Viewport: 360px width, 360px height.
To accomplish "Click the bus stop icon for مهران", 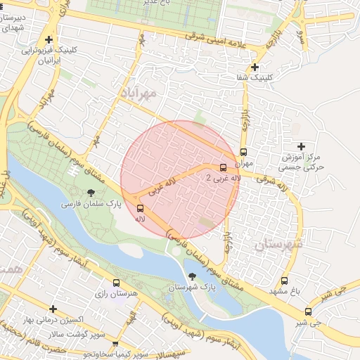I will (243, 151).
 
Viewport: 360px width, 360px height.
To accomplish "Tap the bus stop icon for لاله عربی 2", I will (223, 167).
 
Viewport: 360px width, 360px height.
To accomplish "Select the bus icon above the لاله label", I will (141, 208).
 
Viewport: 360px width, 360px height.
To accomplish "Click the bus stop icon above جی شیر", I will (308, 311).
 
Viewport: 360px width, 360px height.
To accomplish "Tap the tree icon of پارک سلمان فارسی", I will (91, 192).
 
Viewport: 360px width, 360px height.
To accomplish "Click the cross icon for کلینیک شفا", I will (255, 67).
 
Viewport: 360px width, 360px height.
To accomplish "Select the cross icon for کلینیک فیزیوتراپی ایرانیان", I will (48, 40).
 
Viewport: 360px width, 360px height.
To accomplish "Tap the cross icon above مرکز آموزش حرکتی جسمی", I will (301, 146).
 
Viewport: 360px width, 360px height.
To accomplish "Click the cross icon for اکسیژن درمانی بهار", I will (53, 309).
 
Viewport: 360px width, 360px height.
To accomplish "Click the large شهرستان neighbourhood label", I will (278, 244).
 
